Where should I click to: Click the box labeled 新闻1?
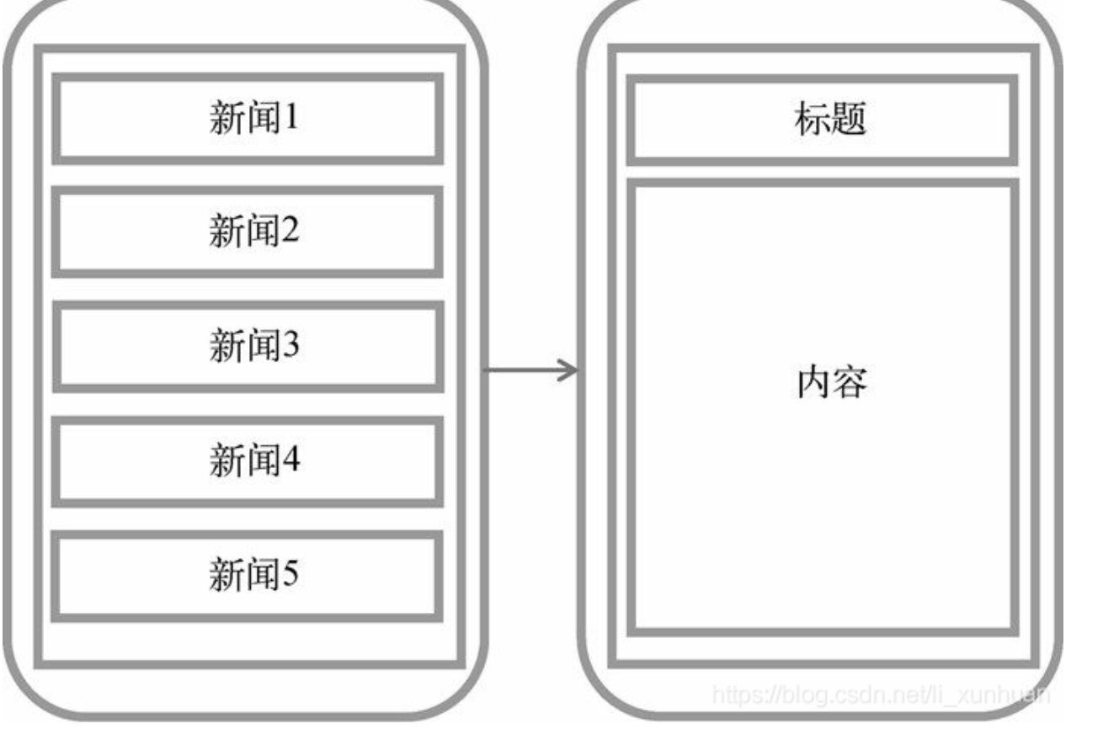[x=248, y=119]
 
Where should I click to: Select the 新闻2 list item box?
[x=248, y=231]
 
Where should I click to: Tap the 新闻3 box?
[x=248, y=346]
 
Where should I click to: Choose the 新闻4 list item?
[x=248, y=461]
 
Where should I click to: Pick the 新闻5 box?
[x=248, y=577]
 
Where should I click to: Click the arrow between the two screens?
[x=530, y=369]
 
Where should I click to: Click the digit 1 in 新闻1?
[x=290, y=119]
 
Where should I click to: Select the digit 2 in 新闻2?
[x=290, y=231]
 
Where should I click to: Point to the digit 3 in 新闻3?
[x=290, y=346]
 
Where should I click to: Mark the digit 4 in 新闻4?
[x=290, y=461]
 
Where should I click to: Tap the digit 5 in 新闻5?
[x=290, y=577]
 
